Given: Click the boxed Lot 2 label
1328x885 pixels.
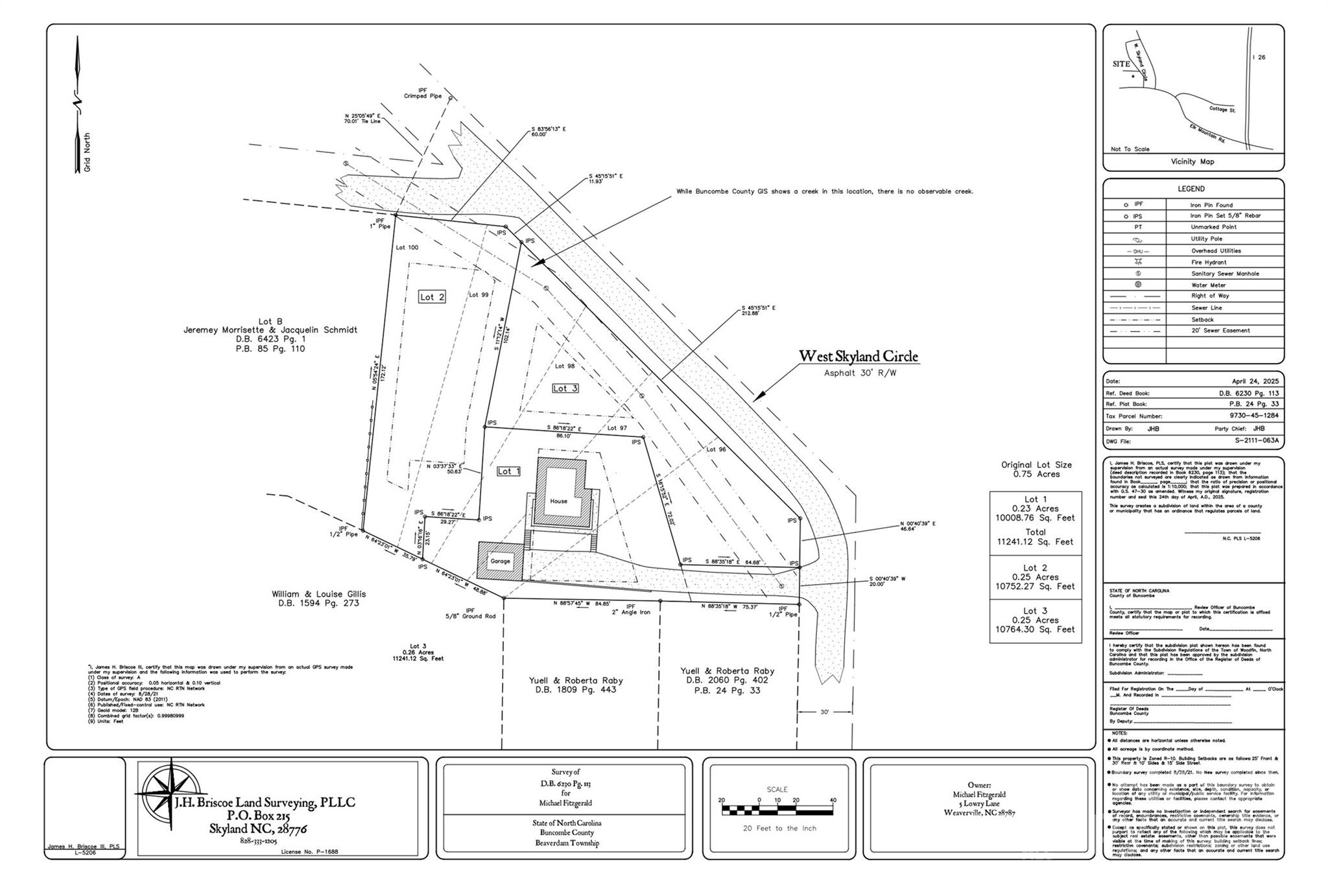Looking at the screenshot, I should coord(432,297).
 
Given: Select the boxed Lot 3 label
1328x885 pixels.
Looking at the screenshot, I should coord(565,388).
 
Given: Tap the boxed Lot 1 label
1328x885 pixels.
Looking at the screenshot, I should coord(508,471).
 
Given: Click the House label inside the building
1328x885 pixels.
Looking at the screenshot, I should coord(558,501).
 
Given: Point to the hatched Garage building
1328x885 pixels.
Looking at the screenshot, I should coord(499,561).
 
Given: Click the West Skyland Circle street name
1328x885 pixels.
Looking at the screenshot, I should coord(858,357).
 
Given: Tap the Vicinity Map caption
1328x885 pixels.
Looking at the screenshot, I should coord(1192,161).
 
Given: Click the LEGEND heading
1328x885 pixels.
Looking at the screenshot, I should coord(1191,189).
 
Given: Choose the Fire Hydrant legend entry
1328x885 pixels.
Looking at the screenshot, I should coord(1208,262).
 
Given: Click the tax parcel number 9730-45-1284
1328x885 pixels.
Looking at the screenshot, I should coord(1253,416).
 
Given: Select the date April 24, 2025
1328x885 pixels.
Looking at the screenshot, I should coord(1255,381).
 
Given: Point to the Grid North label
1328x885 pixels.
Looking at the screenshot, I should coord(87,152).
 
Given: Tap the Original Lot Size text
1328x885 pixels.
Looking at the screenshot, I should coord(1036,465).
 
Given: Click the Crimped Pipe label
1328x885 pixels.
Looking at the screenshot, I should coord(422,96).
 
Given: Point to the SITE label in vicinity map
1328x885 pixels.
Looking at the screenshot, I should coord(1121,64).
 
